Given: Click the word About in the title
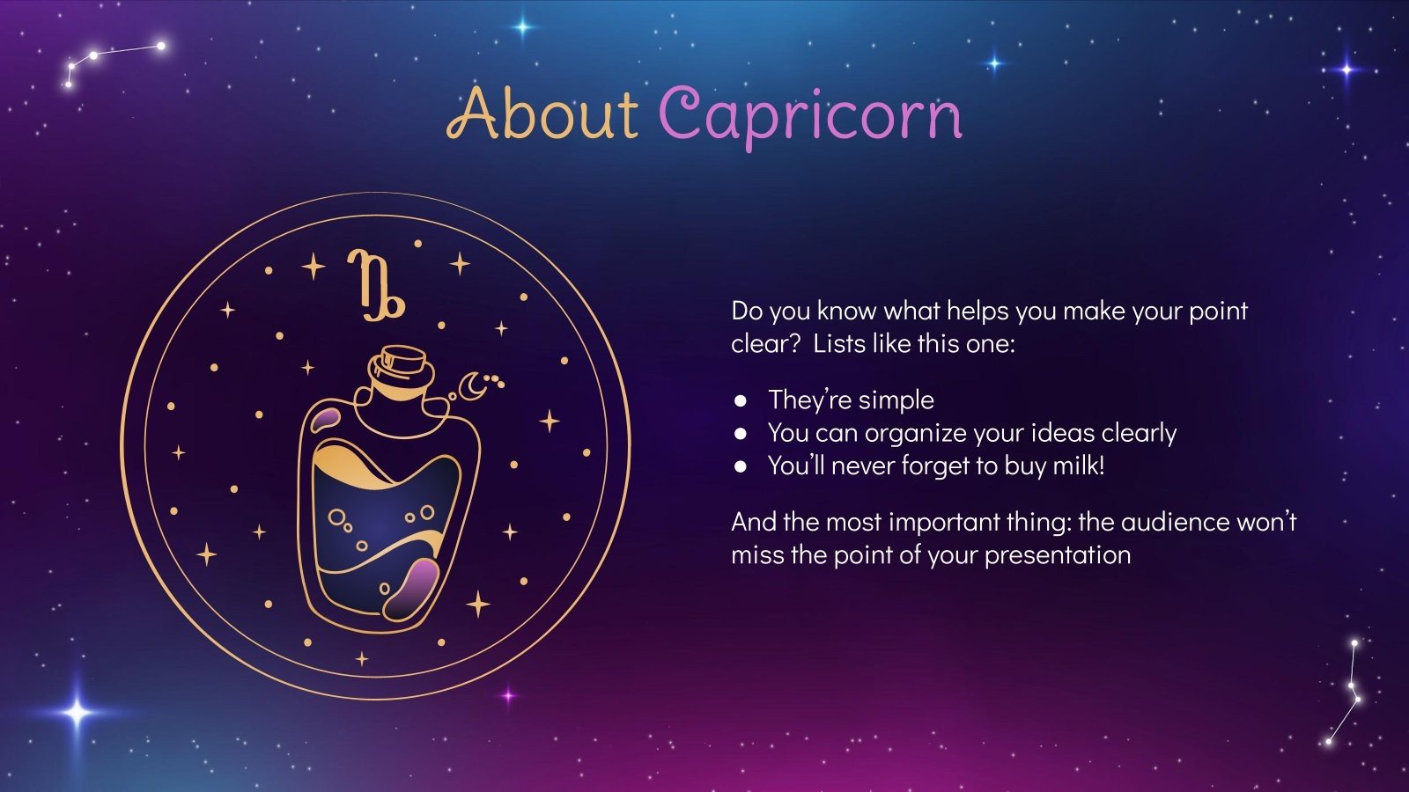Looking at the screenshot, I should (542, 114).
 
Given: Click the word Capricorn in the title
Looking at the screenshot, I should (810, 115).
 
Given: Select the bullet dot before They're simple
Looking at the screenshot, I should (741, 400).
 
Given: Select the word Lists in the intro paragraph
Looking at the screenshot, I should (838, 343).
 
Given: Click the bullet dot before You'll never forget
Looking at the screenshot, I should (741, 466).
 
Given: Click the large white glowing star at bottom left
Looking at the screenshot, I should (77, 712).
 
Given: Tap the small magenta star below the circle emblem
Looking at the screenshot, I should (508, 695).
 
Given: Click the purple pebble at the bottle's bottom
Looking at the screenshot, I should (412, 587).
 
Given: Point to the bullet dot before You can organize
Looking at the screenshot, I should (741, 433).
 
